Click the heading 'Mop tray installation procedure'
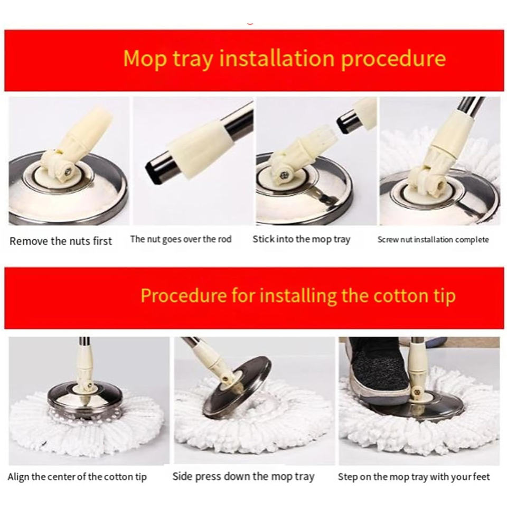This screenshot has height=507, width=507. (x=285, y=59)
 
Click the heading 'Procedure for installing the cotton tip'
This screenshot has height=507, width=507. (x=298, y=296)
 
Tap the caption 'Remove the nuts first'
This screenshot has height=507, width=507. (x=61, y=241)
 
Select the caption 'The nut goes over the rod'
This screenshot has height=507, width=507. (x=181, y=240)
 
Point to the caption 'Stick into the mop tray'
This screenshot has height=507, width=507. (x=302, y=240)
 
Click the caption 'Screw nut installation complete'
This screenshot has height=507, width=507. (x=433, y=240)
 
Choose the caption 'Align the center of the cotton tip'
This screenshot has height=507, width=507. (x=77, y=477)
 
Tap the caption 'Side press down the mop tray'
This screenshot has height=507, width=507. (x=243, y=476)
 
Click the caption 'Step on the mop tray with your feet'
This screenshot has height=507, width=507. (x=414, y=477)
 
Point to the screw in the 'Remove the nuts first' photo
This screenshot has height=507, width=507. (x=68, y=171)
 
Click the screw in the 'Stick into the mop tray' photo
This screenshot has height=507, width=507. (x=284, y=175)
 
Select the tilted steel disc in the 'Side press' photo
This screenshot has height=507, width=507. (x=237, y=386)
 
